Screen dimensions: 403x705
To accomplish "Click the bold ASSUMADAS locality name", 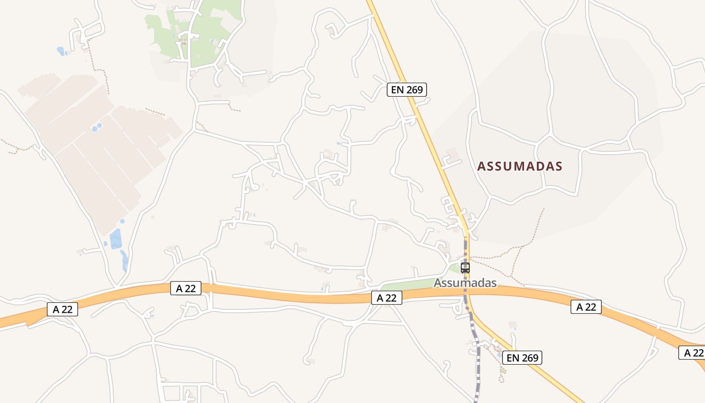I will (519, 166).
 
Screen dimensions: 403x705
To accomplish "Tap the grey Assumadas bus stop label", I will (465, 283).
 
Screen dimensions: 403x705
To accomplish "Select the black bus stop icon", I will (465, 268).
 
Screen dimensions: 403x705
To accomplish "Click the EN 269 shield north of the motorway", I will (407, 90).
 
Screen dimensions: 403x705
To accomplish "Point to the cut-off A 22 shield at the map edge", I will (692, 353).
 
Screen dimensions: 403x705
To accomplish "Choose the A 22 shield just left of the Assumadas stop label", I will (387, 298).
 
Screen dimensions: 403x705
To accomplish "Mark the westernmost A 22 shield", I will (62, 309).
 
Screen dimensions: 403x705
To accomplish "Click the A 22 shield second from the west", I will (186, 288).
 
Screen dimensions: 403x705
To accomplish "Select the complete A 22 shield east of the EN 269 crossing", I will (586, 307).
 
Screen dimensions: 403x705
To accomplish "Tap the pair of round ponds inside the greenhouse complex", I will (97, 127).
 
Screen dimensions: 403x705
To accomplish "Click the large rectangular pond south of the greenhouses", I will (115, 239).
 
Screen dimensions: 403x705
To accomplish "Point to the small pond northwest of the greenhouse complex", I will (61, 51).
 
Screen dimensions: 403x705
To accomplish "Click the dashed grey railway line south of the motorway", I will (475, 353).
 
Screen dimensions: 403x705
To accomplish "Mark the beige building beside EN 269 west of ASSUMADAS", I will (452, 154).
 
